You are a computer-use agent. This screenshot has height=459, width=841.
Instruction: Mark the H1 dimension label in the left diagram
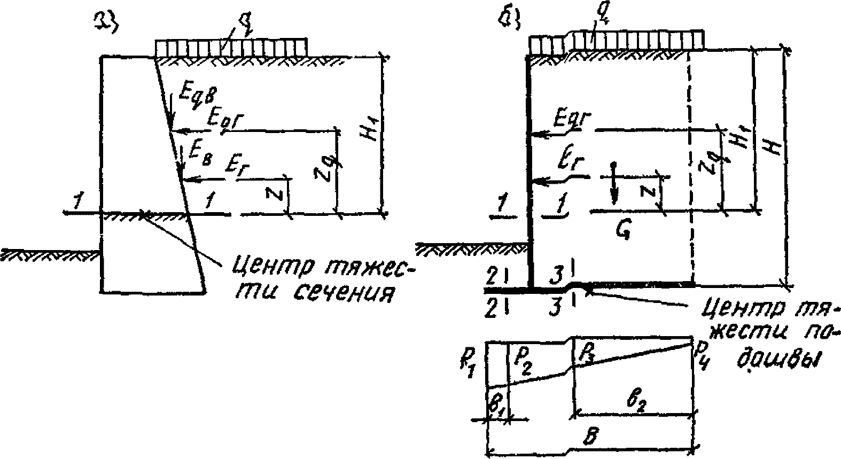370,132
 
